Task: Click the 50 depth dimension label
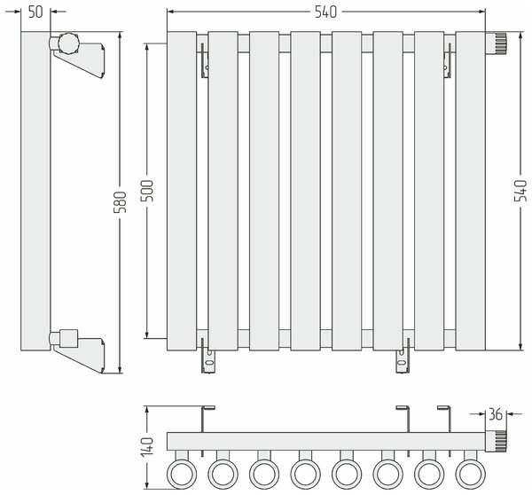[x=35, y=12]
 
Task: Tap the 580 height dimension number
[x=120, y=202]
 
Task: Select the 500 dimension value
[x=147, y=191]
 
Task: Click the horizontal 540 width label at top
[x=325, y=12]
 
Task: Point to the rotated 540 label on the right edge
[x=520, y=191]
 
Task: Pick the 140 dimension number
[x=147, y=446]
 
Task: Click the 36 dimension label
[x=495, y=414]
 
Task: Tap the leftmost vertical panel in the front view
[x=182, y=191]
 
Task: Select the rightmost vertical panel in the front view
[x=470, y=191]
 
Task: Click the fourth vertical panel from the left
[x=305, y=191]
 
